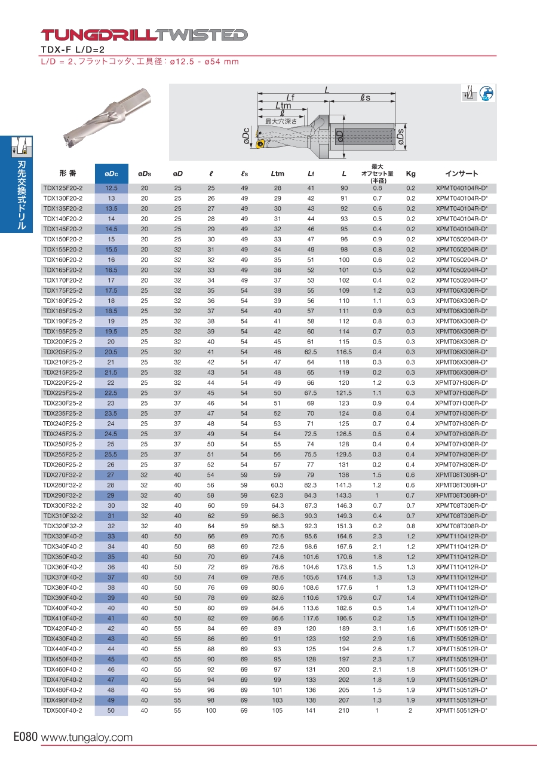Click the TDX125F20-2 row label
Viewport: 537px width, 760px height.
[x=63, y=188]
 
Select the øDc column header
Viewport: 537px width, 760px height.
[x=111, y=174]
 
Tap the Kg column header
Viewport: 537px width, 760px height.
[x=410, y=174]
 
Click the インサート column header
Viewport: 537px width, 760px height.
[x=461, y=174]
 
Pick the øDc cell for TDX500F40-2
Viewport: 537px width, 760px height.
[x=111, y=711]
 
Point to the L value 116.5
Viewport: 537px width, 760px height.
[x=344, y=352]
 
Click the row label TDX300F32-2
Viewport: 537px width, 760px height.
[x=63, y=505]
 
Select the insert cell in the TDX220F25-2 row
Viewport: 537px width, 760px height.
[x=461, y=382]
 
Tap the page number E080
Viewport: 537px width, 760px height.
[x=26, y=737]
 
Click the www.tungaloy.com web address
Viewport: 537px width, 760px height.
[x=87, y=738]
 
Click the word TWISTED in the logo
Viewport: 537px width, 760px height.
[x=202, y=35]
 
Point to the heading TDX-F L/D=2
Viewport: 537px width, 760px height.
[x=72, y=50]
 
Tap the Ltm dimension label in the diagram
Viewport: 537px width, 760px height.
[x=283, y=106]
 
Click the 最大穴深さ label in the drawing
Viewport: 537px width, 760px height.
[x=281, y=121]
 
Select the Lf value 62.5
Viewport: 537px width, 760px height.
[x=311, y=352]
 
